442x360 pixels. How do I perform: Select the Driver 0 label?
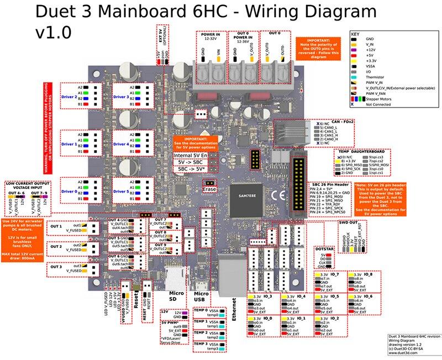point(69,191)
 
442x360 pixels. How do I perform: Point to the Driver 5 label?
point(121,191)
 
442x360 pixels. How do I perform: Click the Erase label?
point(209,189)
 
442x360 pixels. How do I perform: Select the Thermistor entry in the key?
point(377,77)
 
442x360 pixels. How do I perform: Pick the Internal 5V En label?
point(190,156)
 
